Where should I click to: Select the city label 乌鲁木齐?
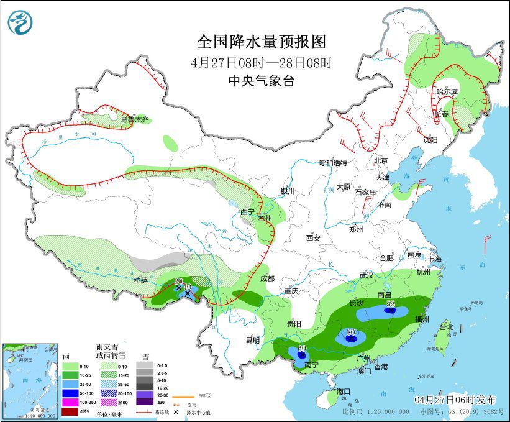135,119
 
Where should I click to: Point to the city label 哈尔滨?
447,92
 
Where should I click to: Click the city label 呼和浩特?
333,163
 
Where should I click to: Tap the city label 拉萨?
140,280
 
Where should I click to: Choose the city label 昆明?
252,340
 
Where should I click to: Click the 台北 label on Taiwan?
447,326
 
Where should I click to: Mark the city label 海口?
344,392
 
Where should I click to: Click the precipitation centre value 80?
350,333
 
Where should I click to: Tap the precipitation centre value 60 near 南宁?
303,349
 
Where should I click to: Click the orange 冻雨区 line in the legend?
181,395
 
